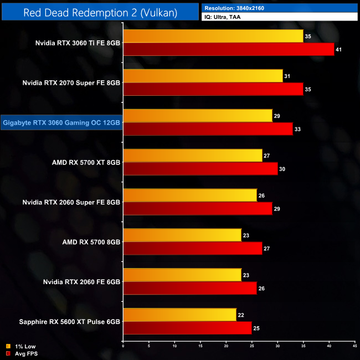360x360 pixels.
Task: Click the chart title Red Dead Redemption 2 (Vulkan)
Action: coord(100,12)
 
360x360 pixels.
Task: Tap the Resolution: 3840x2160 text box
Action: coord(280,8)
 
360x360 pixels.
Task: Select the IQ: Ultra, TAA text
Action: coord(280,17)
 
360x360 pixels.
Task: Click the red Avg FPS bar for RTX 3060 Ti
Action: coord(229,49)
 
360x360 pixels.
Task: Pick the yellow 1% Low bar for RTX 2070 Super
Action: coord(203,76)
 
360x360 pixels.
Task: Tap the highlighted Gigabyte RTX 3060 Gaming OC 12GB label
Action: coord(61,122)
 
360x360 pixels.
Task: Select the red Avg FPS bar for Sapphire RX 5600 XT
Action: coord(187,328)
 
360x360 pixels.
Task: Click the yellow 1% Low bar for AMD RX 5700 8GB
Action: coord(182,235)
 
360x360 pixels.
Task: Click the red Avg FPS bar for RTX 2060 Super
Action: coord(198,209)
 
